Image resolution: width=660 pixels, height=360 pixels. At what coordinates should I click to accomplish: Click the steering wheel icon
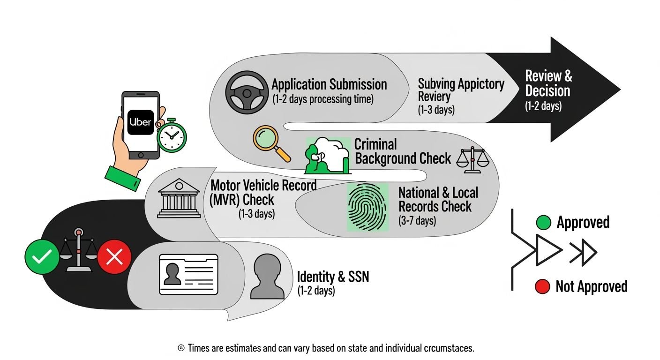click(247, 92)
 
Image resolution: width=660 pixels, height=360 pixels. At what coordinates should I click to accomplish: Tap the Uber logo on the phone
click(141, 122)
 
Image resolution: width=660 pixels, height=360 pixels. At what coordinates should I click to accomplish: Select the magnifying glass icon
click(271, 143)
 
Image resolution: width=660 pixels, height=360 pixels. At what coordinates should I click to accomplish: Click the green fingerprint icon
click(367, 207)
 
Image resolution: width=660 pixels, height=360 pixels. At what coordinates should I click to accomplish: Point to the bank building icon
click(179, 198)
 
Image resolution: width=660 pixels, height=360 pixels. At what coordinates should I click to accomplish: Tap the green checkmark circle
click(42, 256)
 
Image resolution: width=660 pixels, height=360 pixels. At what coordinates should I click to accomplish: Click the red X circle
click(114, 256)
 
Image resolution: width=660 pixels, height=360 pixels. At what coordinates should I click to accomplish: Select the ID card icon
click(188, 275)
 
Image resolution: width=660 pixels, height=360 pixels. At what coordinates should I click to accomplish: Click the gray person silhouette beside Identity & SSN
click(267, 277)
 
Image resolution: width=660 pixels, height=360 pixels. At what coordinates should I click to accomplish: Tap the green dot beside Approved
click(544, 223)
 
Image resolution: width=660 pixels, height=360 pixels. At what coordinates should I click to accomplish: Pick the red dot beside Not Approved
click(542, 286)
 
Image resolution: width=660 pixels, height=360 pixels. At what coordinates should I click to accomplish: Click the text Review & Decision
click(548, 83)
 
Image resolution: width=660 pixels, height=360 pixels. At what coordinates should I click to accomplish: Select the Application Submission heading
click(329, 84)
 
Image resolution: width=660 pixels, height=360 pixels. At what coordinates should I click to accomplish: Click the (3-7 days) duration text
click(417, 221)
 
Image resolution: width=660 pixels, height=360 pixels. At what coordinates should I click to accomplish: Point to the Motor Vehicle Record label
click(263, 186)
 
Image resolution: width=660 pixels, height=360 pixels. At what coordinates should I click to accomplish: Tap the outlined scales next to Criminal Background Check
click(472, 160)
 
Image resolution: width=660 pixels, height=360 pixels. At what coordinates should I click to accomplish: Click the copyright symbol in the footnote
click(181, 348)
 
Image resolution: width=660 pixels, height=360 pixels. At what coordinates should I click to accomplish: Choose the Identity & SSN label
click(333, 277)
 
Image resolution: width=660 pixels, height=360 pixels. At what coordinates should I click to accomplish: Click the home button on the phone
click(141, 155)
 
